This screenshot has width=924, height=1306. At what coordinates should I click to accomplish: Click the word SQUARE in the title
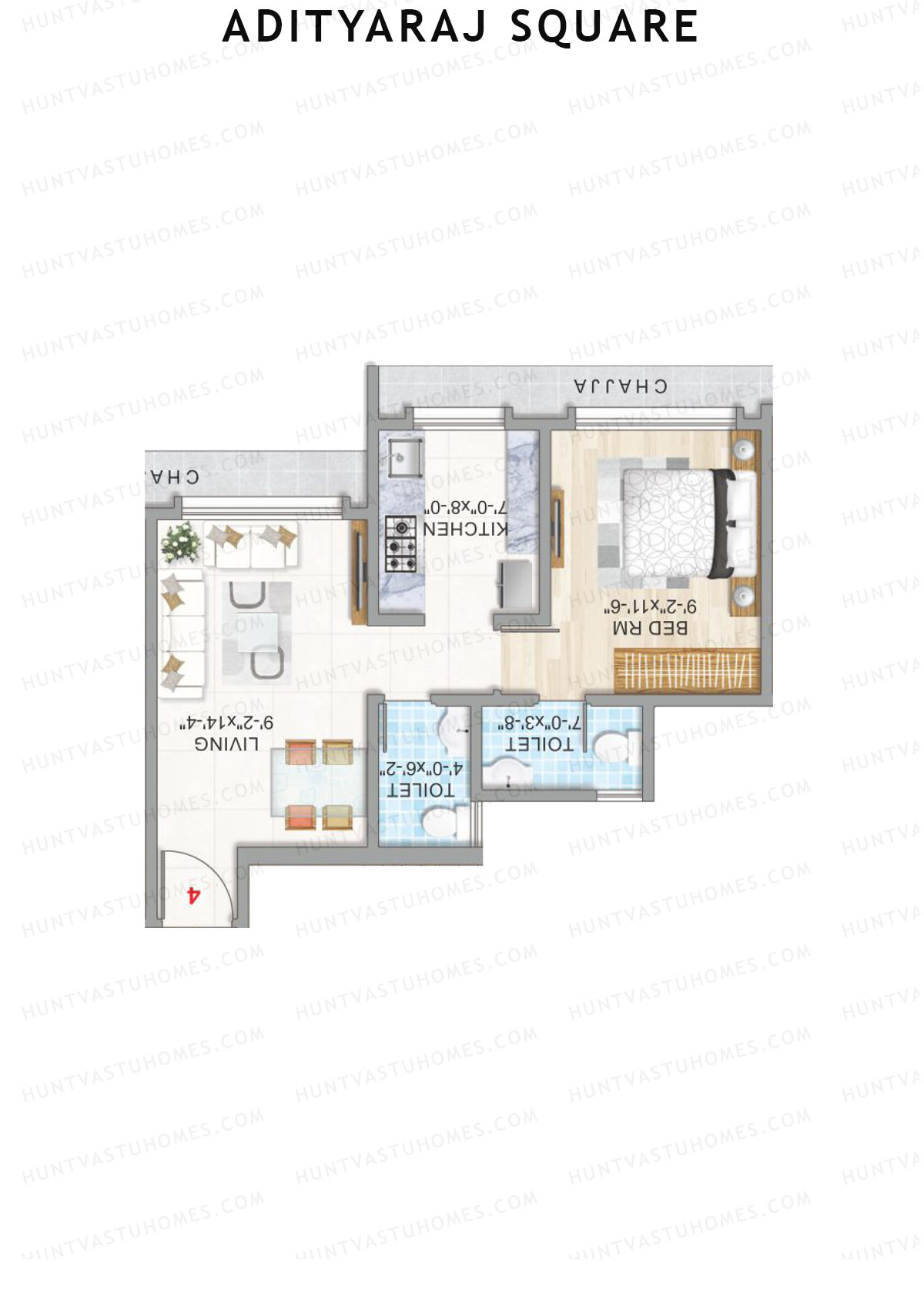click(604, 27)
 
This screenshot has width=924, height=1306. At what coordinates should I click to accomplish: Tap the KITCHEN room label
click(464, 529)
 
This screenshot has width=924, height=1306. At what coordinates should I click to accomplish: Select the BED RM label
click(649, 628)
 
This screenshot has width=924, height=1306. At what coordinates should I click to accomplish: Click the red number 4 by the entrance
click(193, 894)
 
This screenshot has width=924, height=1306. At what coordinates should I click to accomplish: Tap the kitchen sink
click(403, 457)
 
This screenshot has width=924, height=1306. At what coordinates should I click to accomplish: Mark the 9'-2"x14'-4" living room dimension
click(227, 723)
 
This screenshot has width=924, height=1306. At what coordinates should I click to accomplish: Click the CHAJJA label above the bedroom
click(621, 386)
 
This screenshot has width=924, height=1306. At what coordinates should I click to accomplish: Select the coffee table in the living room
click(256, 631)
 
